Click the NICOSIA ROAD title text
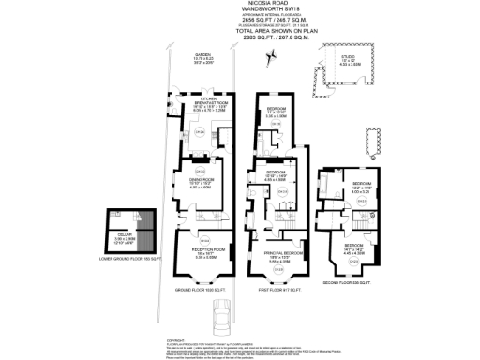click(239, 4)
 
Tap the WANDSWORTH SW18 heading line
click(239, 10)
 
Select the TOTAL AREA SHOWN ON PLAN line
click(239, 32)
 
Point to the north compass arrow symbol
click(272, 58)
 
